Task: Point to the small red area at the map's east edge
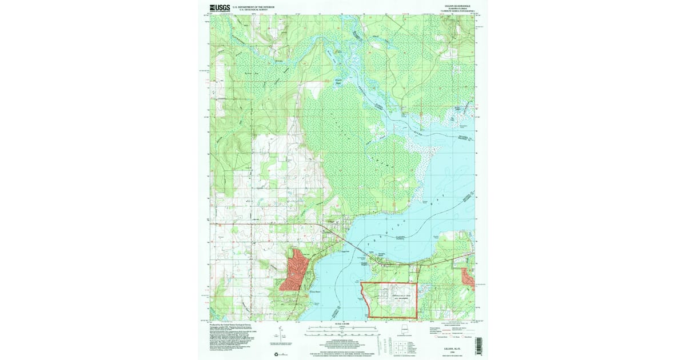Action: (468, 277)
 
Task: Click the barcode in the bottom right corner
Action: (479, 341)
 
